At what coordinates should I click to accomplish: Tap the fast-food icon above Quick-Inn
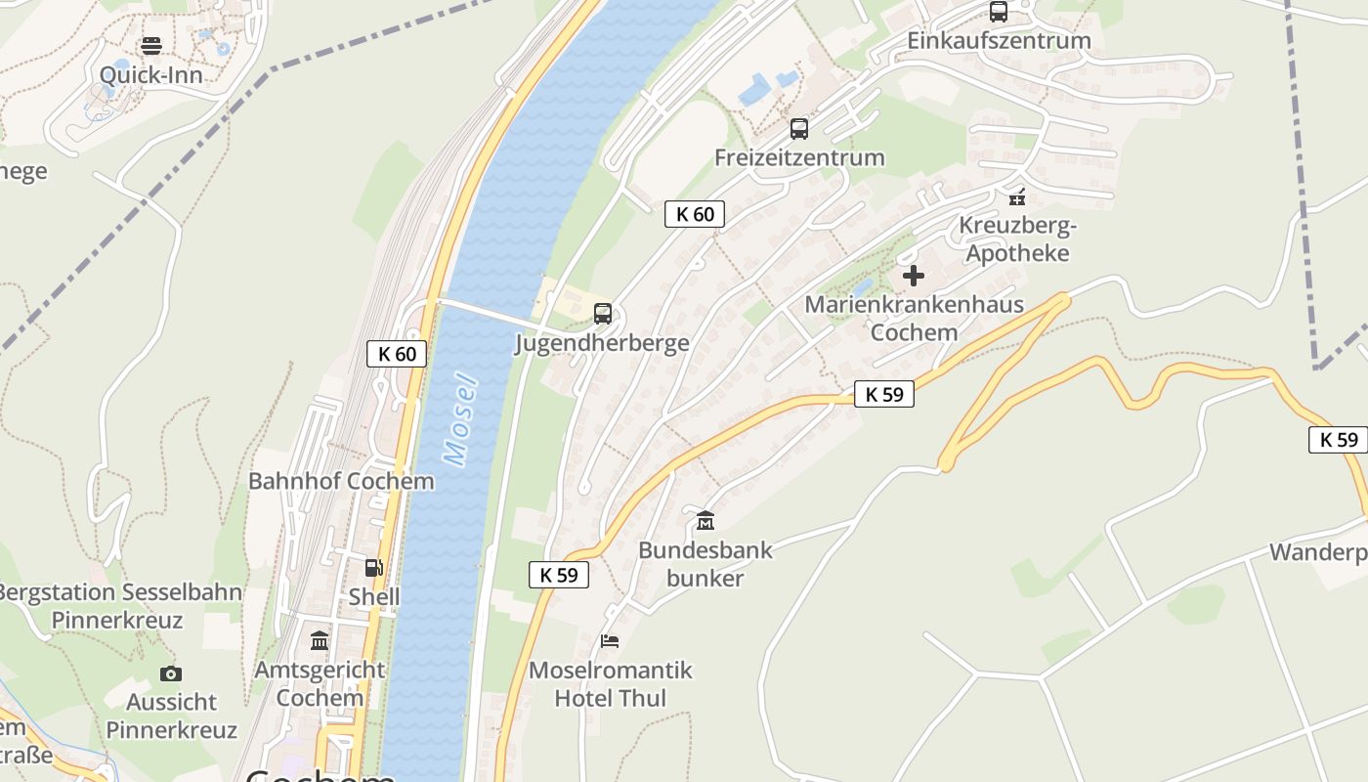pyautogui.click(x=151, y=46)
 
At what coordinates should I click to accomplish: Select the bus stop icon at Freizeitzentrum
pyautogui.click(x=799, y=129)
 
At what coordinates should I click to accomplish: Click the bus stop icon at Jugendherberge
pyautogui.click(x=603, y=314)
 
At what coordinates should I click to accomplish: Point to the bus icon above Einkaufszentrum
pyautogui.click(x=999, y=12)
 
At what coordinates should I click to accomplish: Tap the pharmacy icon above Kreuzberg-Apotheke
pyautogui.click(x=1017, y=196)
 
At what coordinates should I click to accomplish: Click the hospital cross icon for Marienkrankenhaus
pyautogui.click(x=914, y=276)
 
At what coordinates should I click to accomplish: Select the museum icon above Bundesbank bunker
pyautogui.click(x=705, y=521)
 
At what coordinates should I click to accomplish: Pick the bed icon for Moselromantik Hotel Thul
pyautogui.click(x=610, y=641)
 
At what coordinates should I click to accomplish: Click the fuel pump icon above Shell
pyautogui.click(x=374, y=568)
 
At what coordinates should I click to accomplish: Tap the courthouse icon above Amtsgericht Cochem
pyautogui.click(x=320, y=641)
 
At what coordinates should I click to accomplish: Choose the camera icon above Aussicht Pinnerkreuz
pyautogui.click(x=171, y=673)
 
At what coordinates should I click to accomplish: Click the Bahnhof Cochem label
pyautogui.click(x=341, y=481)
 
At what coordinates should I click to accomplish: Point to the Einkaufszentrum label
pyautogui.click(x=999, y=41)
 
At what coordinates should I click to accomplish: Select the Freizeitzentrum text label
pyautogui.click(x=799, y=157)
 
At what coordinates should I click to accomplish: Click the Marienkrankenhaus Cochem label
pyautogui.click(x=914, y=318)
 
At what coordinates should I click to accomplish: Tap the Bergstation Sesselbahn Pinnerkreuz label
pyautogui.click(x=117, y=606)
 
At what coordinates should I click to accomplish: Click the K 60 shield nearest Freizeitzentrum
pyautogui.click(x=695, y=214)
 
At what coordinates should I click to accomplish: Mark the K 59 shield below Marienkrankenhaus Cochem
pyautogui.click(x=884, y=394)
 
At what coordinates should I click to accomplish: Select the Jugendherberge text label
pyautogui.click(x=603, y=343)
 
